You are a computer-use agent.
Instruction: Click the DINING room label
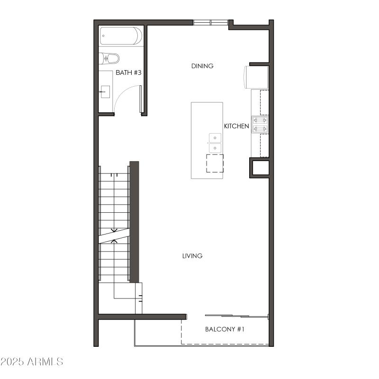point(202,66)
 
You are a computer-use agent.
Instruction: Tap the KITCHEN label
point(236,126)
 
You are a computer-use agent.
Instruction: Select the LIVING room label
point(192,256)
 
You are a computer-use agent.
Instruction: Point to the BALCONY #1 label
point(225,329)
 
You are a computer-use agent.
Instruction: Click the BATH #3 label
point(129,72)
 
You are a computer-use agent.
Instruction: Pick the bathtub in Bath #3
point(121,36)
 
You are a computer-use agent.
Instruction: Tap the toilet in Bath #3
point(109,58)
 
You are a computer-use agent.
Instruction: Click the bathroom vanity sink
point(105,91)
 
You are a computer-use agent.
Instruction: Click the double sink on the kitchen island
point(215,143)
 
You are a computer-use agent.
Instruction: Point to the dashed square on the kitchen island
point(215,163)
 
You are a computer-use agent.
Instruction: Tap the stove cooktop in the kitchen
point(260,125)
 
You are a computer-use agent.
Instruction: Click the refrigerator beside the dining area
point(256,77)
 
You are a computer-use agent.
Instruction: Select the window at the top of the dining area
point(210,22)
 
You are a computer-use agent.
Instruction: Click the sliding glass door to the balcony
point(237,316)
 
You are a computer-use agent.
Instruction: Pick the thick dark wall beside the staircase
point(134,222)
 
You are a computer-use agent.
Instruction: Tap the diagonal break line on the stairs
point(114,233)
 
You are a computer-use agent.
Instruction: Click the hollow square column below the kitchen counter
point(260,168)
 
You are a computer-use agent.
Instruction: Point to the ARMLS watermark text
point(32,362)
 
